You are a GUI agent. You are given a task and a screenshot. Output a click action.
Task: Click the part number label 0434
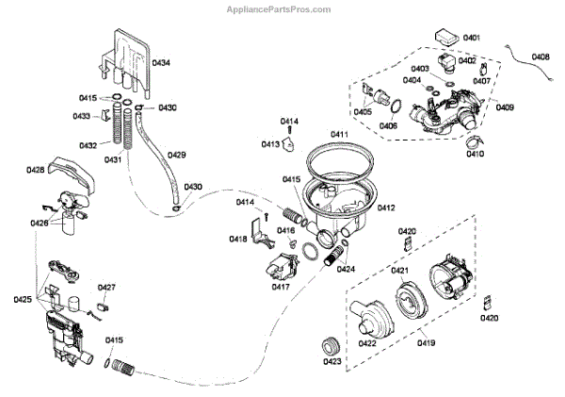161,63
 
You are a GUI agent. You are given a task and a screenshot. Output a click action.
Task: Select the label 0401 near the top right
471,37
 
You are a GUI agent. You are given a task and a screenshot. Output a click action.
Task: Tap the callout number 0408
541,57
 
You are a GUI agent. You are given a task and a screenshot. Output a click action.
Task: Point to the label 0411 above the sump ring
339,135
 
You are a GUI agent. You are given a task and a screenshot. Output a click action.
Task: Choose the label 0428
36,171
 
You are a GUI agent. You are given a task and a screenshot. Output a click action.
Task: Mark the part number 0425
23,299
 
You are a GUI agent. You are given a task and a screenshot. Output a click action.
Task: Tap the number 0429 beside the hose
176,154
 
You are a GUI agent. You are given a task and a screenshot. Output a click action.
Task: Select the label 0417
281,286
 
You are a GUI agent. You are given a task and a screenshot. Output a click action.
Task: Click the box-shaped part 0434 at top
126,52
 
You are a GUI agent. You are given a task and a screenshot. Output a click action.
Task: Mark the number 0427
106,287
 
